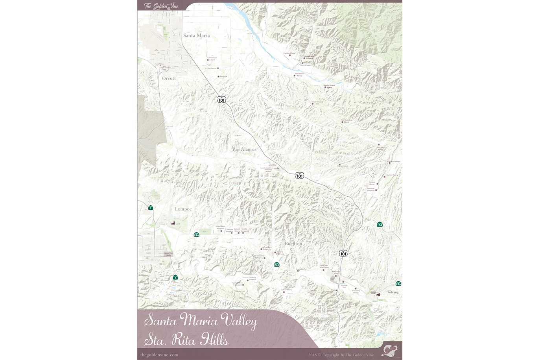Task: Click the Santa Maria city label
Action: [196, 35]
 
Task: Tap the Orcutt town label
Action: [169, 78]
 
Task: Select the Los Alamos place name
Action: [245, 149]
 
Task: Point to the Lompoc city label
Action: [183, 209]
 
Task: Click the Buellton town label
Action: [293, 244]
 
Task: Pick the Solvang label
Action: [393, 292]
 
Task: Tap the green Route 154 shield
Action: [380, 224]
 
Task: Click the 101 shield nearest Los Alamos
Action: [300, 175]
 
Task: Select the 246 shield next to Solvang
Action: [398, 284]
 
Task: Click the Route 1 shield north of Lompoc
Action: [151, 207]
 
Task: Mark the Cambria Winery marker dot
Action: [290, 55]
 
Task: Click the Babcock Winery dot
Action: [238, 233]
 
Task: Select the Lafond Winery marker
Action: [284, 292]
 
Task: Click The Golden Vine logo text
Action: [161, 6]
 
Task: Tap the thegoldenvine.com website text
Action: [159, 354]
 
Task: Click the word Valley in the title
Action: [238, 321]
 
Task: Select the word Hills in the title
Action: [214, 340]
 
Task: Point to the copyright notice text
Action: [341, 355]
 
